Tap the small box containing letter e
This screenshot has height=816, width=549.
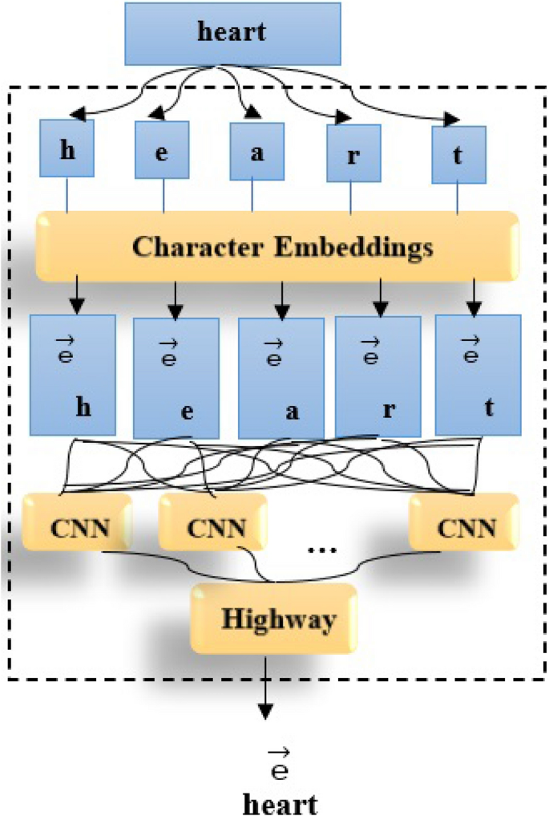click(162, 151)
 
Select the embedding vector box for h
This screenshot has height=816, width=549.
click(72, 374)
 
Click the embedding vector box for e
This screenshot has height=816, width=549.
click(175, 377)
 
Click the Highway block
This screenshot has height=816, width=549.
click(273, 618)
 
